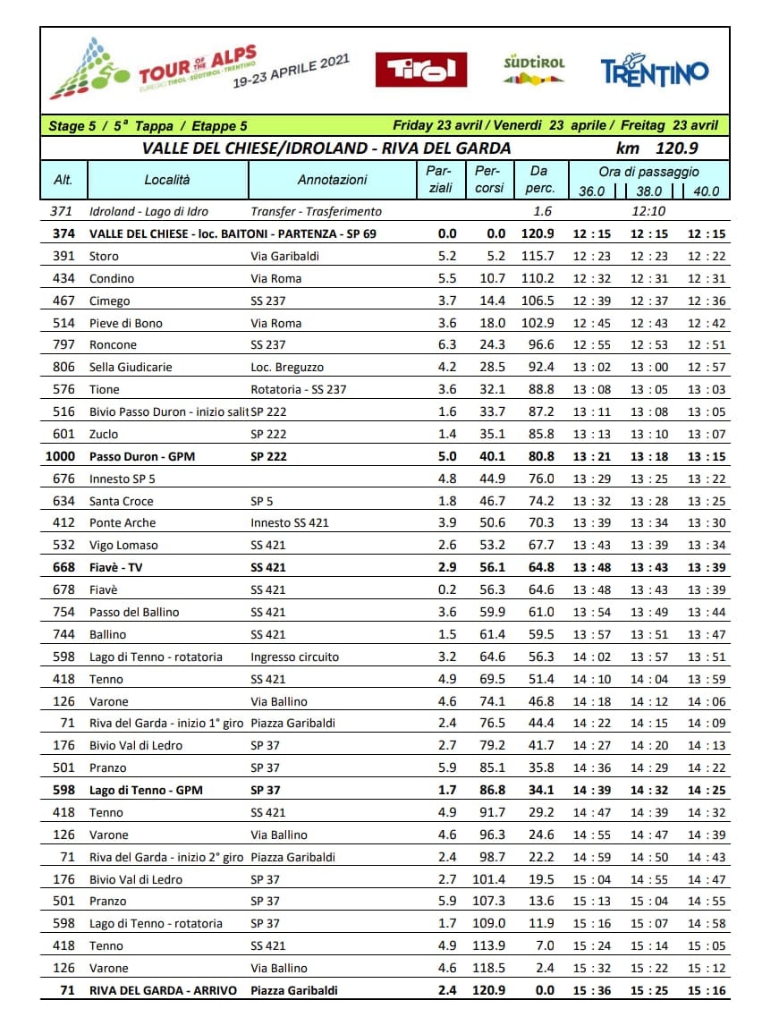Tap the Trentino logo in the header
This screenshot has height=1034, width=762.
655,70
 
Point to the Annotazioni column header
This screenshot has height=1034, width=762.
332,180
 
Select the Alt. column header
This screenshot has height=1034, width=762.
63,180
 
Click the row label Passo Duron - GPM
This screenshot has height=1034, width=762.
141,456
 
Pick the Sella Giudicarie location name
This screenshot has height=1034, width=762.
131,367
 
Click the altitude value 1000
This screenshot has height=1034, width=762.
60,456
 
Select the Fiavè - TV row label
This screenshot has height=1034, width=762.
116,567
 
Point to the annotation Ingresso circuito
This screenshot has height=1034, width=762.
294,657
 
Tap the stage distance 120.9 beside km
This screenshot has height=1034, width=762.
676,148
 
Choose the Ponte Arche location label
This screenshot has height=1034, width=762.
123,522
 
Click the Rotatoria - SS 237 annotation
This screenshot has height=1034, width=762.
298,389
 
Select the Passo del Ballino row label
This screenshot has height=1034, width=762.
134,612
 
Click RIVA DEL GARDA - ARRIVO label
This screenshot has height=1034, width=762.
163,990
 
